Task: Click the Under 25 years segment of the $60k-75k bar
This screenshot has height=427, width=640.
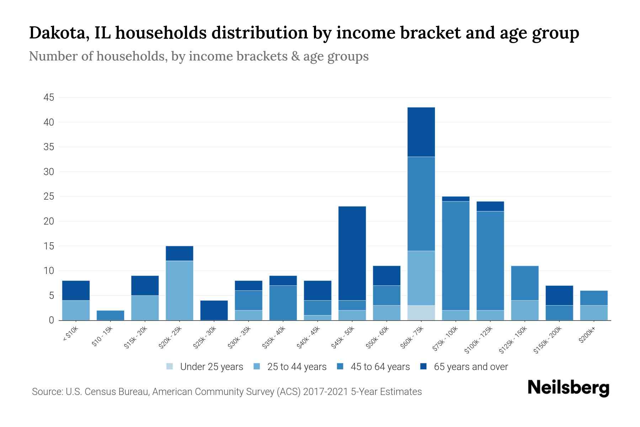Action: coord(421,313)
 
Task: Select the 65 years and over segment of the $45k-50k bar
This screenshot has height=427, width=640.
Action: coord(352,253)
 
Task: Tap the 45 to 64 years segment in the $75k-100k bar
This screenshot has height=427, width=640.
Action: coord(456,256)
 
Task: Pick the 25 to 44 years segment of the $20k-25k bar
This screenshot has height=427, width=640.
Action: coord(180,290)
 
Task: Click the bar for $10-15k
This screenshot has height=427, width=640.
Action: coord(111,315)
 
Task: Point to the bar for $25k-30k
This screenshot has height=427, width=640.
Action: coord(214,310)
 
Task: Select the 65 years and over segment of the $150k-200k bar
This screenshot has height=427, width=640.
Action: coord(559,295)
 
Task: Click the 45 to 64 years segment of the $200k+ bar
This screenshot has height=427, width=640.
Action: coord(594,298)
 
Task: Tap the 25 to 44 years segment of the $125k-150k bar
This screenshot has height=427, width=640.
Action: coord(525,310)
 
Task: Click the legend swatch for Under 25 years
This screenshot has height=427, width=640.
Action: coord(170,367)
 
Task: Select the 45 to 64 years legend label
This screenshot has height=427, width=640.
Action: coord(380,367)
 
